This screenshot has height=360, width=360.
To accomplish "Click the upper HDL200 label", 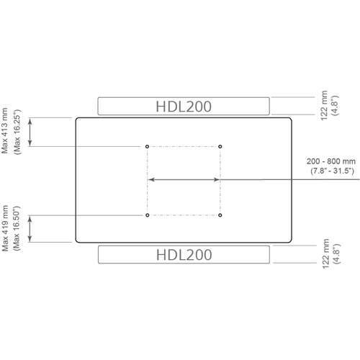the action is (184, 107).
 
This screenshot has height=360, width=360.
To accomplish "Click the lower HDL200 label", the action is (184, 255).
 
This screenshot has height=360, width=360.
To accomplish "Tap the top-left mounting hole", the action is (147, 146).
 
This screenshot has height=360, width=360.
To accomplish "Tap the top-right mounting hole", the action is (220, 146).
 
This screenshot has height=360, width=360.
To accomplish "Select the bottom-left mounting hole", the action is (148, 215).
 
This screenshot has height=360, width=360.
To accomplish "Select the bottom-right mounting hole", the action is (220, 215).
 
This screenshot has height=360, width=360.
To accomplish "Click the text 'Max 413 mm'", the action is (5, 131).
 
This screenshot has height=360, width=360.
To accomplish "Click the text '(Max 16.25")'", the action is (17, 132).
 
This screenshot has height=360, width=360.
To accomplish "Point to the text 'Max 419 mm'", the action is (5, 228).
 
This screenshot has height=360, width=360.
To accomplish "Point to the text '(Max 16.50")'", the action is (17, 228).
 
